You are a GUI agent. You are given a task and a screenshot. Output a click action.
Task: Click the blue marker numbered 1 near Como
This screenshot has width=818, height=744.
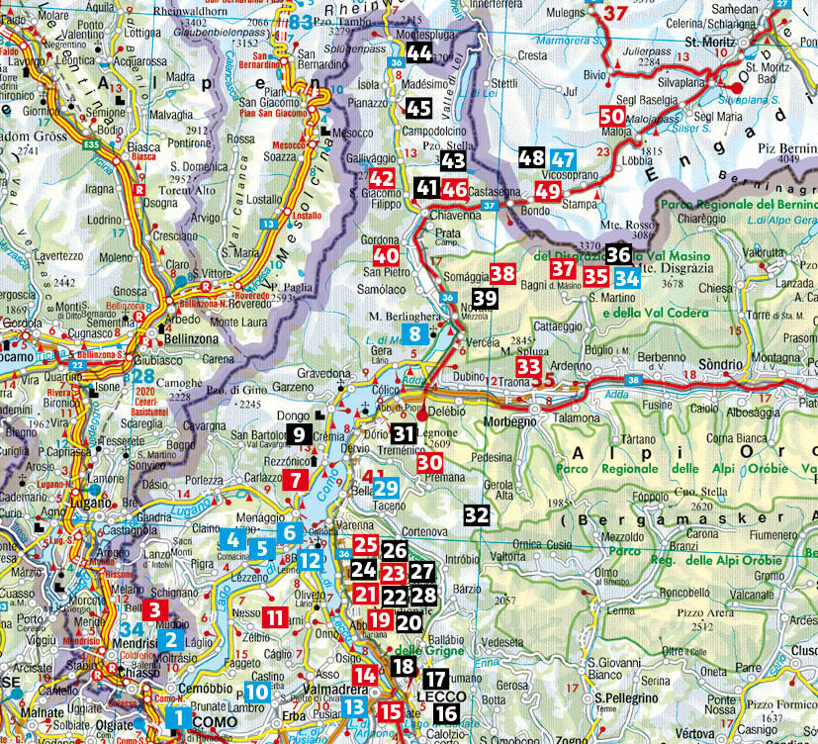[x=179, y=716]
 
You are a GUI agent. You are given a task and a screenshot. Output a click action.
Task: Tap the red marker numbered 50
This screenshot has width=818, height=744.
[x=611, y=116]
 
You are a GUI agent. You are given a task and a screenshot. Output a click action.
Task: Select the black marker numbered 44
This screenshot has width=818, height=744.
[x=418, y=53]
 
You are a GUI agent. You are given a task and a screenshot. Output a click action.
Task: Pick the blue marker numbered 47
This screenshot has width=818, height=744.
[x=564, y=158]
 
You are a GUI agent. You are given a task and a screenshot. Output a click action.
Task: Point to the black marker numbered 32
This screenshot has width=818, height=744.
[x=477, y=513]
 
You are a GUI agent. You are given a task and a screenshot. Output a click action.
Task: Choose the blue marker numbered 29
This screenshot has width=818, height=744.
[x=386, y=487]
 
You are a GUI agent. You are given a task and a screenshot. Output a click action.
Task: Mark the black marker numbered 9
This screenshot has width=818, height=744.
[x=299, y=433]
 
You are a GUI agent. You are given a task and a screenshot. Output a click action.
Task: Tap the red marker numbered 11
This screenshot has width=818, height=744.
[x=275, y=618]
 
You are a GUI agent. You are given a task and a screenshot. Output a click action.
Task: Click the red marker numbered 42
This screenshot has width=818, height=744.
[x=382, y=178]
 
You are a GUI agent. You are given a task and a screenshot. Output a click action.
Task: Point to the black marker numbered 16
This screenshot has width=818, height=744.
[x=446, y=713]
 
